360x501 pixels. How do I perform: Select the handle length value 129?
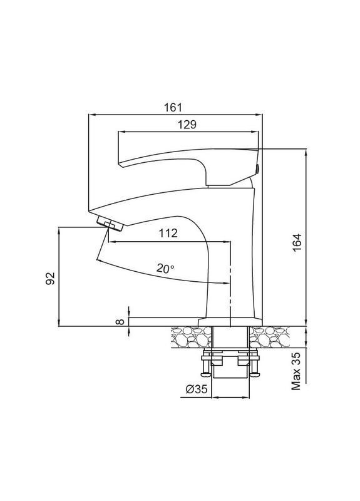click(x=187, y=125)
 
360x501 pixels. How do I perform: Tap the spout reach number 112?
click(x=168, y=234)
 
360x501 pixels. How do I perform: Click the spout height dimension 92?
click(x=51, y=277)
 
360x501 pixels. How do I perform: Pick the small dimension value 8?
click(x=119, y=322)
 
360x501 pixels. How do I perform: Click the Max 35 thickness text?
click(x=297, y=371)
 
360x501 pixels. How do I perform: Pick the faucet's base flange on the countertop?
click(x=229, y=323)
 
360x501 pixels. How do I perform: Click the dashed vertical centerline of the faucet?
click(x=231, y=276)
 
